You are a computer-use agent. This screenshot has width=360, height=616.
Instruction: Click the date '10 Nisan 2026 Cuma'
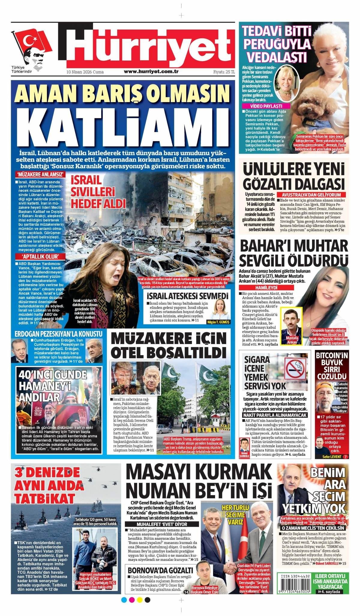(85, 72)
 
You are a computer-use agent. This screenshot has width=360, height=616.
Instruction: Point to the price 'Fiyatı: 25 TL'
(224, 72)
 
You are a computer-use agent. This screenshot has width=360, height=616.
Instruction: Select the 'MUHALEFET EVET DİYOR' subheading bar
(162, 524)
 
